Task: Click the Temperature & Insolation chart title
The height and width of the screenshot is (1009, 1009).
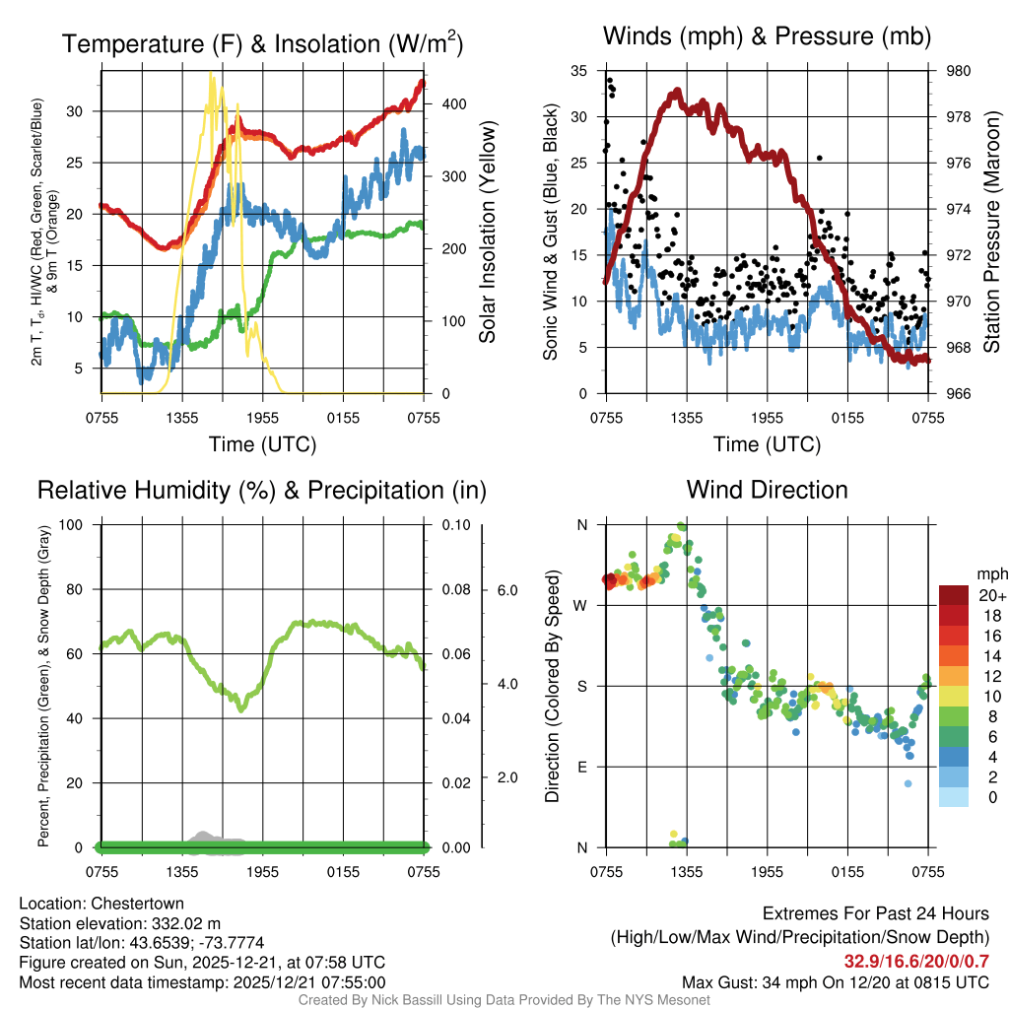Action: point(262,43)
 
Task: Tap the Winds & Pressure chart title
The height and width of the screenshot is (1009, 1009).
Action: point(767,36)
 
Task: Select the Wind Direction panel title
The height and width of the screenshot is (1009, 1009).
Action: point(767,490)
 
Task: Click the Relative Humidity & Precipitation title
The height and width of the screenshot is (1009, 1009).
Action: point(262,490)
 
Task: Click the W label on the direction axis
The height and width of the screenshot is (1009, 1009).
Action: point(580,605)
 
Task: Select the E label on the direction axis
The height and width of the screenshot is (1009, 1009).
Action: point(581,767)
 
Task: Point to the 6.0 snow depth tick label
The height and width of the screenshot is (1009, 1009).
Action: point(505,589)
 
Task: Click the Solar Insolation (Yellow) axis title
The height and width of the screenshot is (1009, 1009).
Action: point(488,233)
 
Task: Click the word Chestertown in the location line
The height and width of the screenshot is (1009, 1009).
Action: point(136,903)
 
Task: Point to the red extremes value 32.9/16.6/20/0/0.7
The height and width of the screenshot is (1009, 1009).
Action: point(916,961)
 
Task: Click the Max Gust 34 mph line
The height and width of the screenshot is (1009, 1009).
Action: point(836,981)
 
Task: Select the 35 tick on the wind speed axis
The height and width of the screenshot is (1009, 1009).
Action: point(579,71)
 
